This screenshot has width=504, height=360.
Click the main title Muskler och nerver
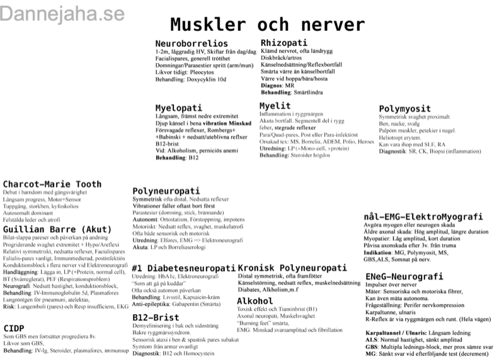coord(267,25)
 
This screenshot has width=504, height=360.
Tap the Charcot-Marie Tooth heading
coord(52,184)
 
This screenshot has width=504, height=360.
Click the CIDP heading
coord(14,328)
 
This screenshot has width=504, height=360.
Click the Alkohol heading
coord(255,301)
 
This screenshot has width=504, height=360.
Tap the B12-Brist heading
coord(156,316)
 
